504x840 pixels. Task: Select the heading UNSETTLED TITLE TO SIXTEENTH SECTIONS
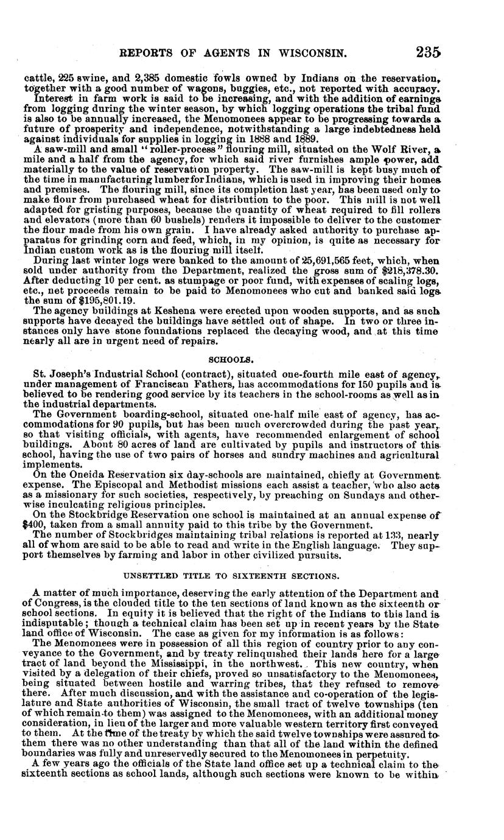click(x=231, y=575)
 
